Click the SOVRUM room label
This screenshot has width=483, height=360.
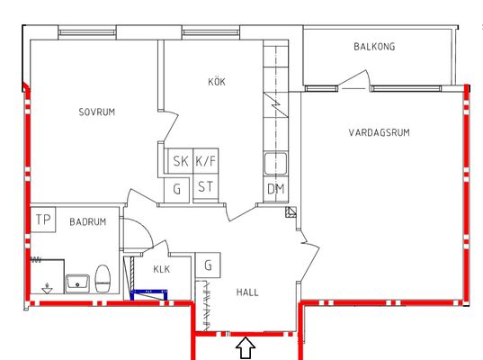[x=97, y=112]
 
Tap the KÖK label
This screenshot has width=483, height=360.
[x=217, y=82]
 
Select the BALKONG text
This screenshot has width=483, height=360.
[x=374, y=47]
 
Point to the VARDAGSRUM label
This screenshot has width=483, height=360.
[x=380, y=132]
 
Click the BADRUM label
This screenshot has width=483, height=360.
[x=88, y=221]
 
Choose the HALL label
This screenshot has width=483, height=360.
[x=247, y=292]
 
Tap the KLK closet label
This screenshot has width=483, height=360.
[x=161, y=269]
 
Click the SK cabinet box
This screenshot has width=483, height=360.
[x=181, y=161]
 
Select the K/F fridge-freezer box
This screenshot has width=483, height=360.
[x=206, y=161]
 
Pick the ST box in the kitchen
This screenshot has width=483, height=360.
[x=206, y=187]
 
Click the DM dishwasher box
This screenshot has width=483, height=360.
[x=276, y=189]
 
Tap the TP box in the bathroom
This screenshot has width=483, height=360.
[x=43, y=220]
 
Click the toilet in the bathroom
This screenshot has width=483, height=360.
[x=103, y=278]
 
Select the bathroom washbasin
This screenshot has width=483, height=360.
[x=77, y=283]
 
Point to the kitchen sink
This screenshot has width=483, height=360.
[x=276, y=164]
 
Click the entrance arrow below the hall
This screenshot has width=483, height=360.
[x=246, y=348]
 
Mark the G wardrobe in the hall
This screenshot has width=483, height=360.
[x=209, y=265]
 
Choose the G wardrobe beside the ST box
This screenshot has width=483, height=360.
[x=176, y=190]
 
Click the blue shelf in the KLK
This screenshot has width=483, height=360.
[x=149, y=294]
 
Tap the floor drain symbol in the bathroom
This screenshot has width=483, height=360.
[x=47, y=288]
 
